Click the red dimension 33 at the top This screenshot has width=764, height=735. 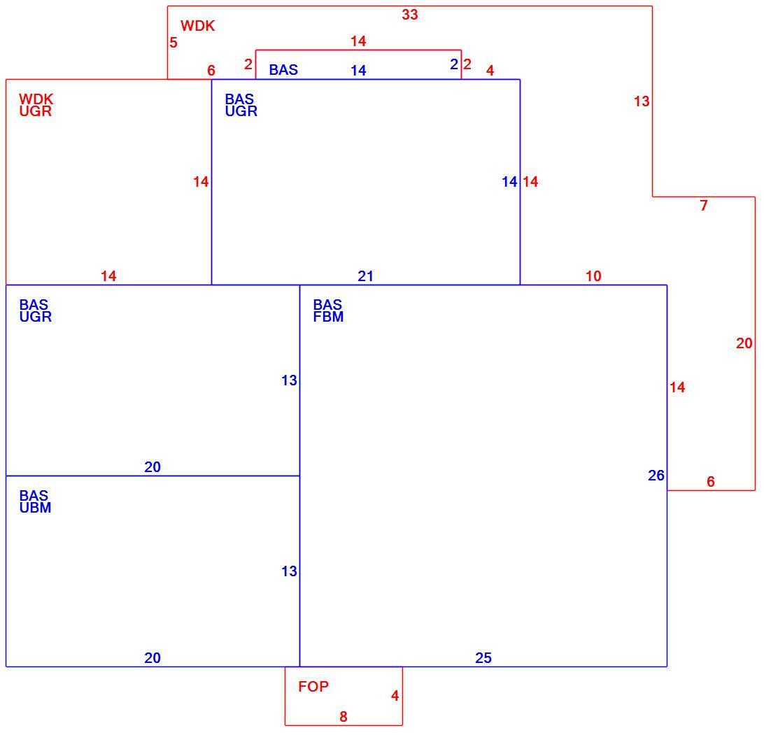pyautogui.click(x=410, y=15)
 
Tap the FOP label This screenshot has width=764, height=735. pyautogui.click(x=313, y=686)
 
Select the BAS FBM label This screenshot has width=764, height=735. pyautogui.click(x=328, y=311)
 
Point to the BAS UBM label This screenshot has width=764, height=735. pyautogui.click(x=35, y=501)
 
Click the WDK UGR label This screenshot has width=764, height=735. pyautogui.click(x=36, y=105)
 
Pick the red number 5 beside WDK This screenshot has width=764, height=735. pyautogui.click(x=174, y=43)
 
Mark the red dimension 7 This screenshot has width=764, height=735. pyautogui.click(x=704, y=206)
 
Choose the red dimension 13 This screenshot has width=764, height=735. pyautogui.click(x=642, y=101)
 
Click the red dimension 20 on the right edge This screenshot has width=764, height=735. pyautogui.click(x=744, y=343)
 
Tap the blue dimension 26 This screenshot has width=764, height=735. pyautogui.click(x=656, y=476)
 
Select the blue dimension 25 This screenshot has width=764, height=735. pyautogui.click(x=483, y=658)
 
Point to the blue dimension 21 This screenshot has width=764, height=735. pyautogui.click(x=365, y=276)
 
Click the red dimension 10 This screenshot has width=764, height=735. pyautogui.click(x=593, y=276)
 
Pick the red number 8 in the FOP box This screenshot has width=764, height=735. pyautogui.click(x=344, y=717)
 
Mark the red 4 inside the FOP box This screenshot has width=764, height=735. pyautogui.click(x=395, y=696)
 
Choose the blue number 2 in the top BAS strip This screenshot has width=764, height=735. pyautogui.click(x=454, y=64)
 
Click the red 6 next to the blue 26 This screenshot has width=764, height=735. pyautogui.click(x=710, y=482)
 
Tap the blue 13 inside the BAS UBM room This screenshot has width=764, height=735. pyautogui.click(x=289, y=571)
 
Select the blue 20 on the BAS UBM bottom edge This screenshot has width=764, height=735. pyautogui.click(x=152, y=658)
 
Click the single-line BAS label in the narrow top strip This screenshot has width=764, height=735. pyautogui.click(x=283, y=70)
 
